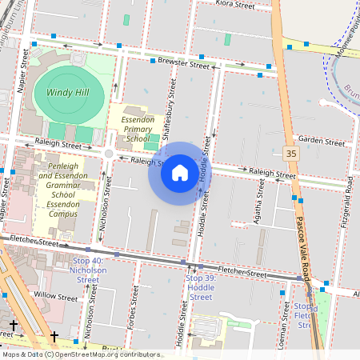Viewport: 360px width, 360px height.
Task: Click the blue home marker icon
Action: (180, 172)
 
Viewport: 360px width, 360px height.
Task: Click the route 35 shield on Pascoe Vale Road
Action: (290, 153)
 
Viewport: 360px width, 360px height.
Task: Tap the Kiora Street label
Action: (234, 5)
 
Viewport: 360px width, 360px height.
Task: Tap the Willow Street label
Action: (56, 296)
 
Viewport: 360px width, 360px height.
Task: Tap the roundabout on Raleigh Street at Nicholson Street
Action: (109, 153)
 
